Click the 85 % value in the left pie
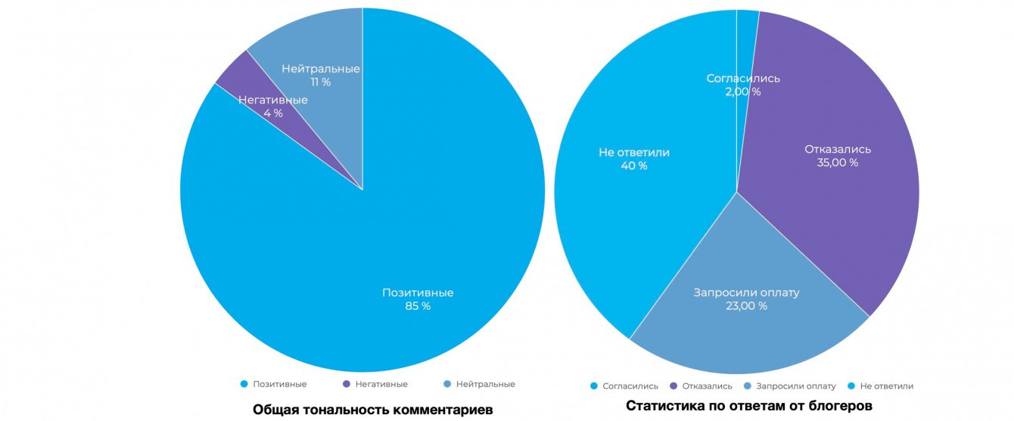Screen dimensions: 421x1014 click(x=418, y=306)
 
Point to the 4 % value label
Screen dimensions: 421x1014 click(x=273, y=113)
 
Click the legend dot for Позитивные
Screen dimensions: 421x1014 click(x=244, y=384)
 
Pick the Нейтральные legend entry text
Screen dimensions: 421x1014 click(x=485, y=384)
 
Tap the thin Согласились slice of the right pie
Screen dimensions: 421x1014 click(x=746, y=30)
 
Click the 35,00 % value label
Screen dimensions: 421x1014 click(x=838, y=163)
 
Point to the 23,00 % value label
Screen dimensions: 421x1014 click(x=747, y=306)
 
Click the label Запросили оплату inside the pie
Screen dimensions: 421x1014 click(x=747, y=293)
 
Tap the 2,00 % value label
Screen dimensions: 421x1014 click(x=743, y=91)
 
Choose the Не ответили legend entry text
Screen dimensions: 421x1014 click(x=887, y=386)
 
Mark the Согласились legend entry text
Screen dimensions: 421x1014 click(x=630, y=386)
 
